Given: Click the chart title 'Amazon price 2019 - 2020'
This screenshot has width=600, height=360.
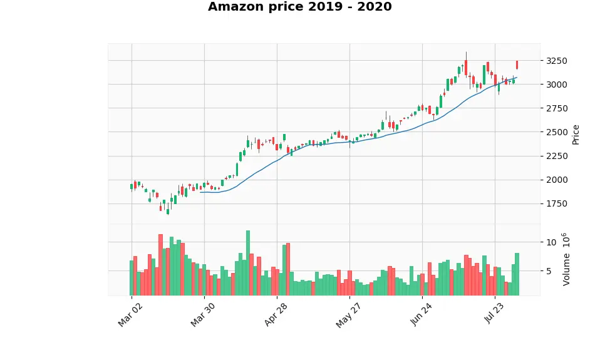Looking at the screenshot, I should [299, 8].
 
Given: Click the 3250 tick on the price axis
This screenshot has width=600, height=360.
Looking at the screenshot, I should [557, 61].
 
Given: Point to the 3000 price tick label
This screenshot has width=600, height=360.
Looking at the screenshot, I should [557, 85].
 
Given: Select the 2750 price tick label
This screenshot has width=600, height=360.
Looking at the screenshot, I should [557, 108].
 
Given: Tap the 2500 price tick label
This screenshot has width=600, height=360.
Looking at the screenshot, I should [557, 132].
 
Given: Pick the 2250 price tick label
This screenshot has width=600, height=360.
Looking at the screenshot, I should [557, 156].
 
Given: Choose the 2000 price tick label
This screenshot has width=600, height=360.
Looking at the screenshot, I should [557, 180].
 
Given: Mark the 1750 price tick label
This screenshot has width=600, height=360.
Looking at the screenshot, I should [557, 203].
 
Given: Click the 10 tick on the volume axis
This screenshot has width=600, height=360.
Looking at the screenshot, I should [551, 242].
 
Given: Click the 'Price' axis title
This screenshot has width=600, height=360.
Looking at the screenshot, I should [576, 134].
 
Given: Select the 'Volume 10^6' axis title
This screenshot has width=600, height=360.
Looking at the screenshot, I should [566, 259].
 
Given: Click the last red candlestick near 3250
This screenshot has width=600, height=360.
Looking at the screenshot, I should [517, 64].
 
